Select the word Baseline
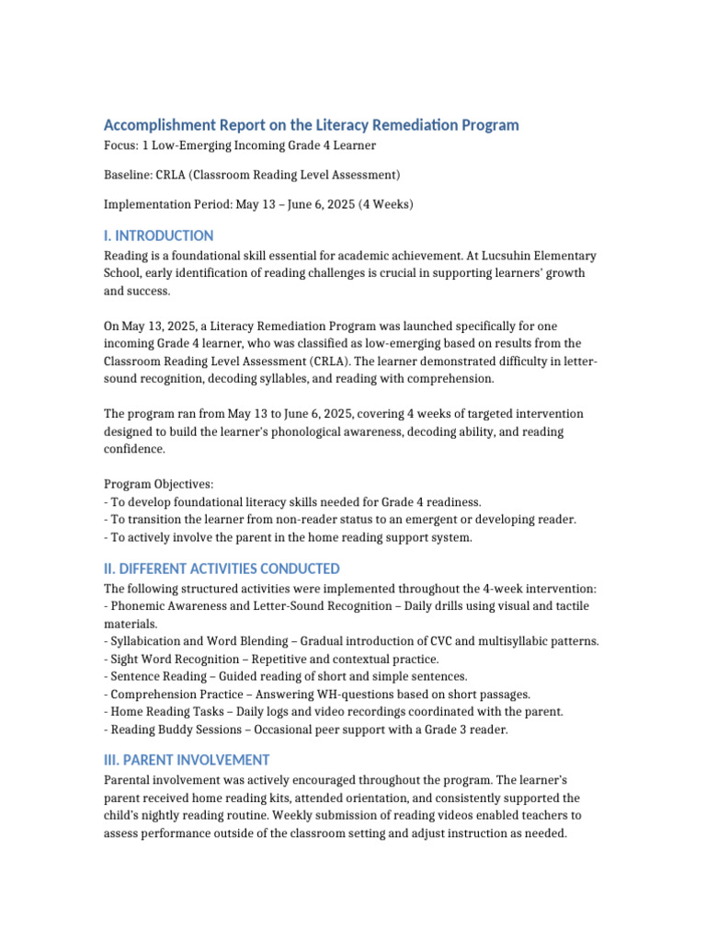128,175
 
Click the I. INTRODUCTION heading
158,235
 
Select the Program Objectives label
158,484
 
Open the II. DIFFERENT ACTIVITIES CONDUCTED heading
222,569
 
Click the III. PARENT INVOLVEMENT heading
187,760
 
